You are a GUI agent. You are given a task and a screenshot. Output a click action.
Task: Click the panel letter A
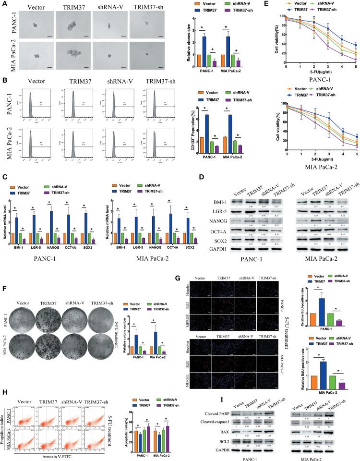pos(4,4)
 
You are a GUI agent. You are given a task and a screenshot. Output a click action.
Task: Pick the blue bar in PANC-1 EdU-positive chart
pos(319,315)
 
